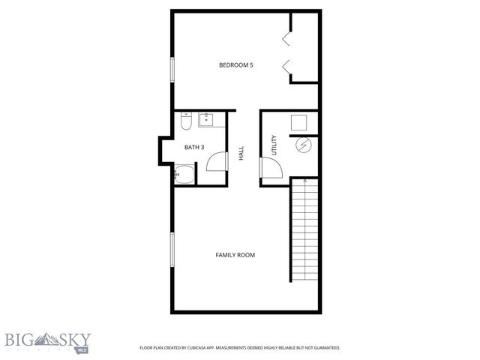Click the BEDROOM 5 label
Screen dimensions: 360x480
pos(235,65)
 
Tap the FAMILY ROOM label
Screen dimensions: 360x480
pos(235,255)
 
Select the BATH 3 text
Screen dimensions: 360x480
pos(194,147)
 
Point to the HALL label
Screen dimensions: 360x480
pos(241,153)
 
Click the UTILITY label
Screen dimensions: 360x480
pos(274,145)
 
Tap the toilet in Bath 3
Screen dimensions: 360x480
pos(187,120)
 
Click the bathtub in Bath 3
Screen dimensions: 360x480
pos(184,177)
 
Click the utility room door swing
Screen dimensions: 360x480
pos(271,169)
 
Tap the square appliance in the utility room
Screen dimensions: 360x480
pos(301,122)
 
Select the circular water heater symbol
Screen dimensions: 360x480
pos(304,145)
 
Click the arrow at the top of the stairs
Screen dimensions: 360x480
pos(304,181)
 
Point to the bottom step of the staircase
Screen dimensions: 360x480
pos(304,277)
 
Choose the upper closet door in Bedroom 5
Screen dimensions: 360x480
pos(286,37)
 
